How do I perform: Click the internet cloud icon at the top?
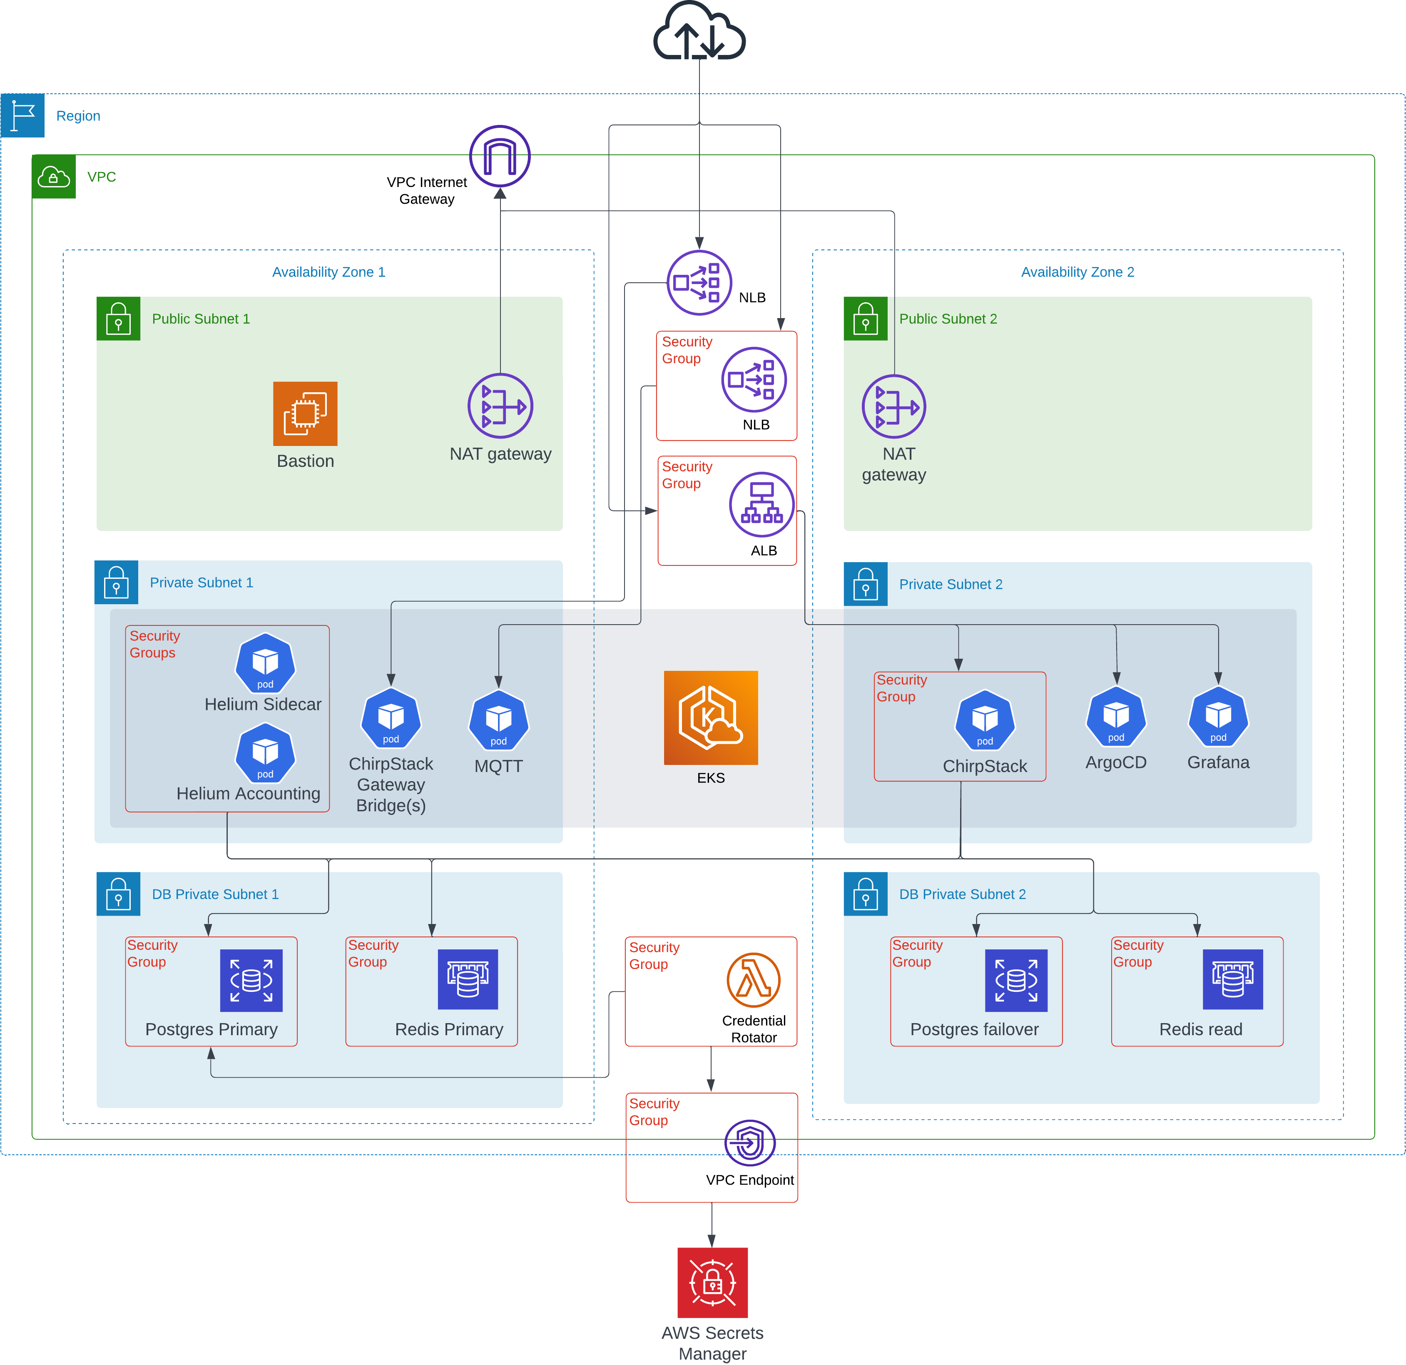(699, 32)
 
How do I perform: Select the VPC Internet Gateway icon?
(500, 157)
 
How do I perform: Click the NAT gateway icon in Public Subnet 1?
(500, 406)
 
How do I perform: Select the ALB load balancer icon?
(762, 504)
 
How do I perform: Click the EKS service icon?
(710, 717)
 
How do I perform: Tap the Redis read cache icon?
(1232, 980)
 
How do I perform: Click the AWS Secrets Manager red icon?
(712, 1283)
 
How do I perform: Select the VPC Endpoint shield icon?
(749, 1143)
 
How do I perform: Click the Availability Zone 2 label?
(1078, 272)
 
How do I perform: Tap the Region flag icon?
(23, 115)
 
